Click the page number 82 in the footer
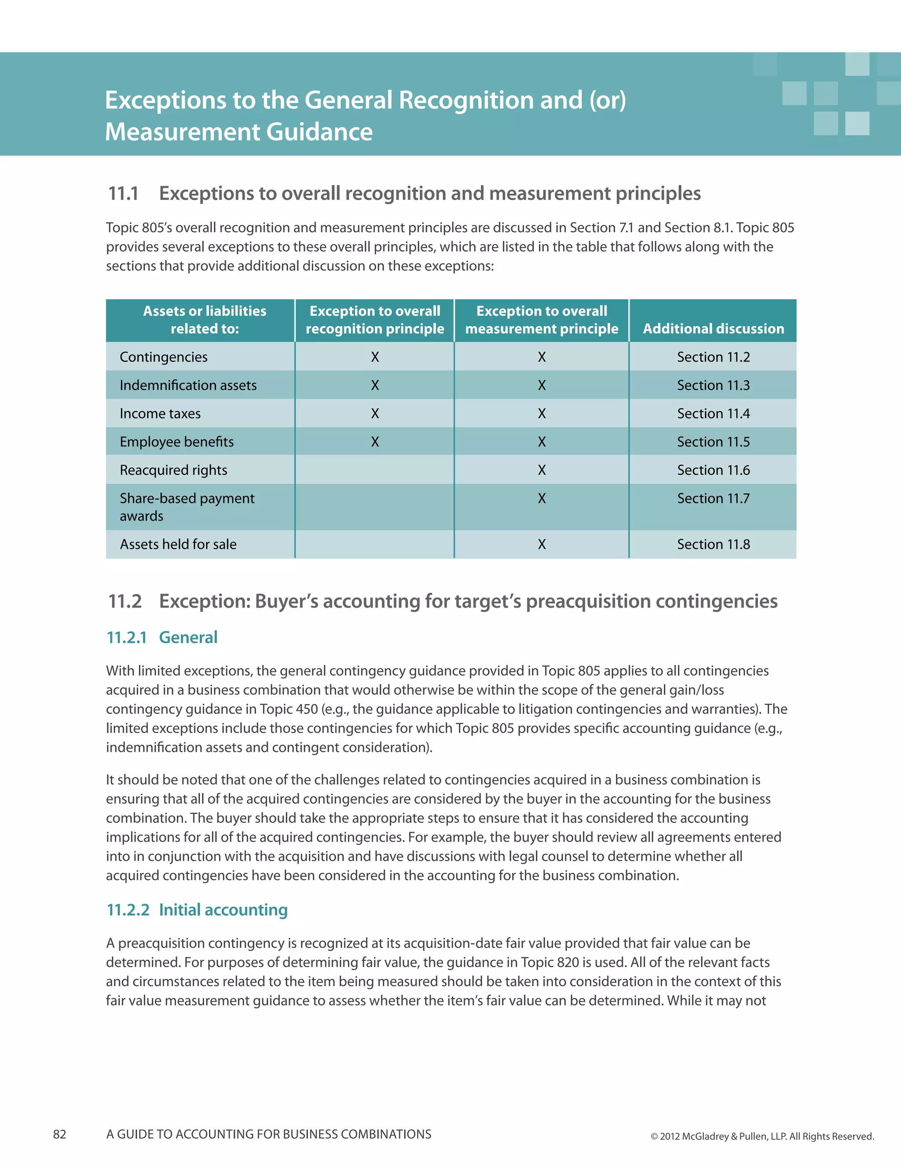(60, 1134)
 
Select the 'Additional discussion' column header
(713, 328)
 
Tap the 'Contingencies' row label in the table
(163, 357)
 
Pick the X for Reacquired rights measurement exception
(541, 470)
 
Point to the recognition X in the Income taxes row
(375, 413)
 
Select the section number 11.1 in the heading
(123, 193)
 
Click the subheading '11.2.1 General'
(162, 637)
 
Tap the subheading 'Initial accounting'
(223, 910)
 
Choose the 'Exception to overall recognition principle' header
(375, 320)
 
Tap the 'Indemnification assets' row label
(188, 385)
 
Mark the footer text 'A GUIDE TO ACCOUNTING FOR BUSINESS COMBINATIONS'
(268, 1134)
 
